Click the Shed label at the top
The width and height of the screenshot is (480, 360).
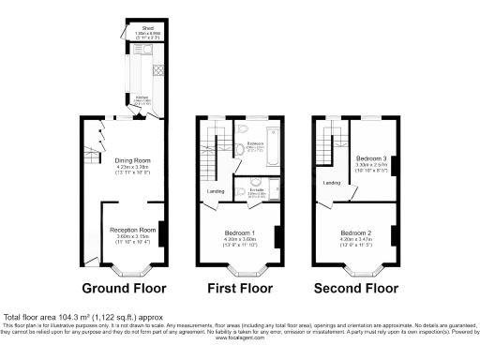pyautogui.click(x=148, y=28)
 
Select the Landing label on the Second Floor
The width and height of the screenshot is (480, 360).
pyautogui.click(x=330, y=183)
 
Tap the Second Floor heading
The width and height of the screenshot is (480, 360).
pyautogui.click(x=357, y=288)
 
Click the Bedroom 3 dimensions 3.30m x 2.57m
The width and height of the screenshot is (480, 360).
pyautogui.click(x=372, y=166)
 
